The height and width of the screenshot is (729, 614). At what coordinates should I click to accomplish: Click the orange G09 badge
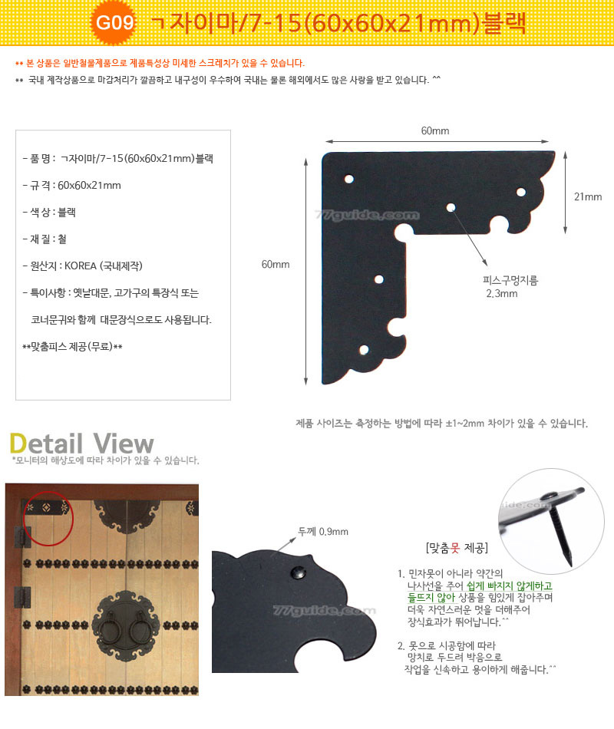[114, 22]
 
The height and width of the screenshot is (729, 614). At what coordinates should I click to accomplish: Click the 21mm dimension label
[587, 196]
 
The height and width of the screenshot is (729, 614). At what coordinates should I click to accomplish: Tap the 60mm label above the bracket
[435, 130]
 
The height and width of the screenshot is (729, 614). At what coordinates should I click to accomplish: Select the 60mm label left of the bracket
[276, 264]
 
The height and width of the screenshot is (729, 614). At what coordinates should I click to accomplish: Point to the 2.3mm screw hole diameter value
[502, 293]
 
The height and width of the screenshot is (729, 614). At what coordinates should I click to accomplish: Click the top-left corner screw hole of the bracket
[349, 179]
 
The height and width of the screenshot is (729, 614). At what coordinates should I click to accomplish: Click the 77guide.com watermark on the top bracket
[367, 215]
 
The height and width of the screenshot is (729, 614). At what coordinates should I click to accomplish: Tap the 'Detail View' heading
[82, 444]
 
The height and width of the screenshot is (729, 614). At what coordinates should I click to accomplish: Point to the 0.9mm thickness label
[323, 532]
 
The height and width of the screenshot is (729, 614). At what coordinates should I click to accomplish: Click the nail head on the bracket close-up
[298, 572]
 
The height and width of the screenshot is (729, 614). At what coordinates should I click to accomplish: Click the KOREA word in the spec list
[80, 266]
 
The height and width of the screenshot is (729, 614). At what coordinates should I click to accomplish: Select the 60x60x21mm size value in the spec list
[89, 186]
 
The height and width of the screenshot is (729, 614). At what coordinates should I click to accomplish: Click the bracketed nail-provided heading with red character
[457, 548]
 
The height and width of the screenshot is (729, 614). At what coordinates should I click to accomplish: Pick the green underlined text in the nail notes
[480, 592]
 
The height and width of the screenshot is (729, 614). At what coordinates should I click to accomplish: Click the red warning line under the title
[160, 63]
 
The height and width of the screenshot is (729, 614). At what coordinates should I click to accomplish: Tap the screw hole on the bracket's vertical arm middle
[379, 279]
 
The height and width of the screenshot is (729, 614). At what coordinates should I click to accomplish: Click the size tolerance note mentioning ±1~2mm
[441, 423]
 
